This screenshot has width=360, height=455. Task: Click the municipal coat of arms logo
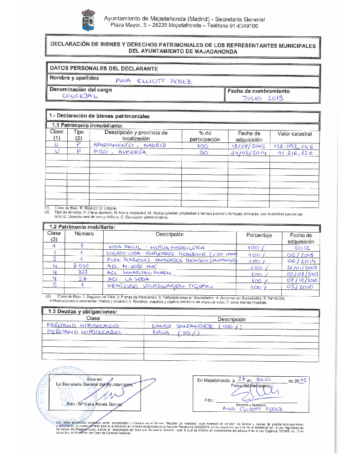point(88,21)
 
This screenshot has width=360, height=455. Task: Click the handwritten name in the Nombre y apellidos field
point(154,81)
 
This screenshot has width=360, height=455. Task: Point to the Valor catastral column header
point(291,134)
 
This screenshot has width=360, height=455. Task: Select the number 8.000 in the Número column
point(80,266)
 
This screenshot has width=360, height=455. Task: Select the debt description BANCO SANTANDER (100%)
point(196,326)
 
